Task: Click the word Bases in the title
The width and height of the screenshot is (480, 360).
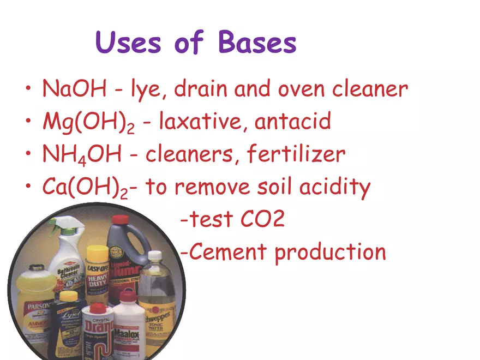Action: pyautogui.click(x=257, y=43)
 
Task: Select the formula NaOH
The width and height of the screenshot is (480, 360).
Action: pyautogui.click(x=74, y=89)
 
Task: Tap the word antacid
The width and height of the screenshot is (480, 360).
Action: pyautogui.click(x=293, y=121)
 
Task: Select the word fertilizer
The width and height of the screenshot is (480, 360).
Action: pyautogui.click(x=296, y=154)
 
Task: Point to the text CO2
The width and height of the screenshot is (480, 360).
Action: pyautogui.click(x=262, y=220)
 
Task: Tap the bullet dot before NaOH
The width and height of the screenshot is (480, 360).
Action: pyautogui.click(x=28, y=89)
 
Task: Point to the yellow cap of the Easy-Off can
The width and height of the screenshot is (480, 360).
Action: pyautogui.click(x=98, y=251)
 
